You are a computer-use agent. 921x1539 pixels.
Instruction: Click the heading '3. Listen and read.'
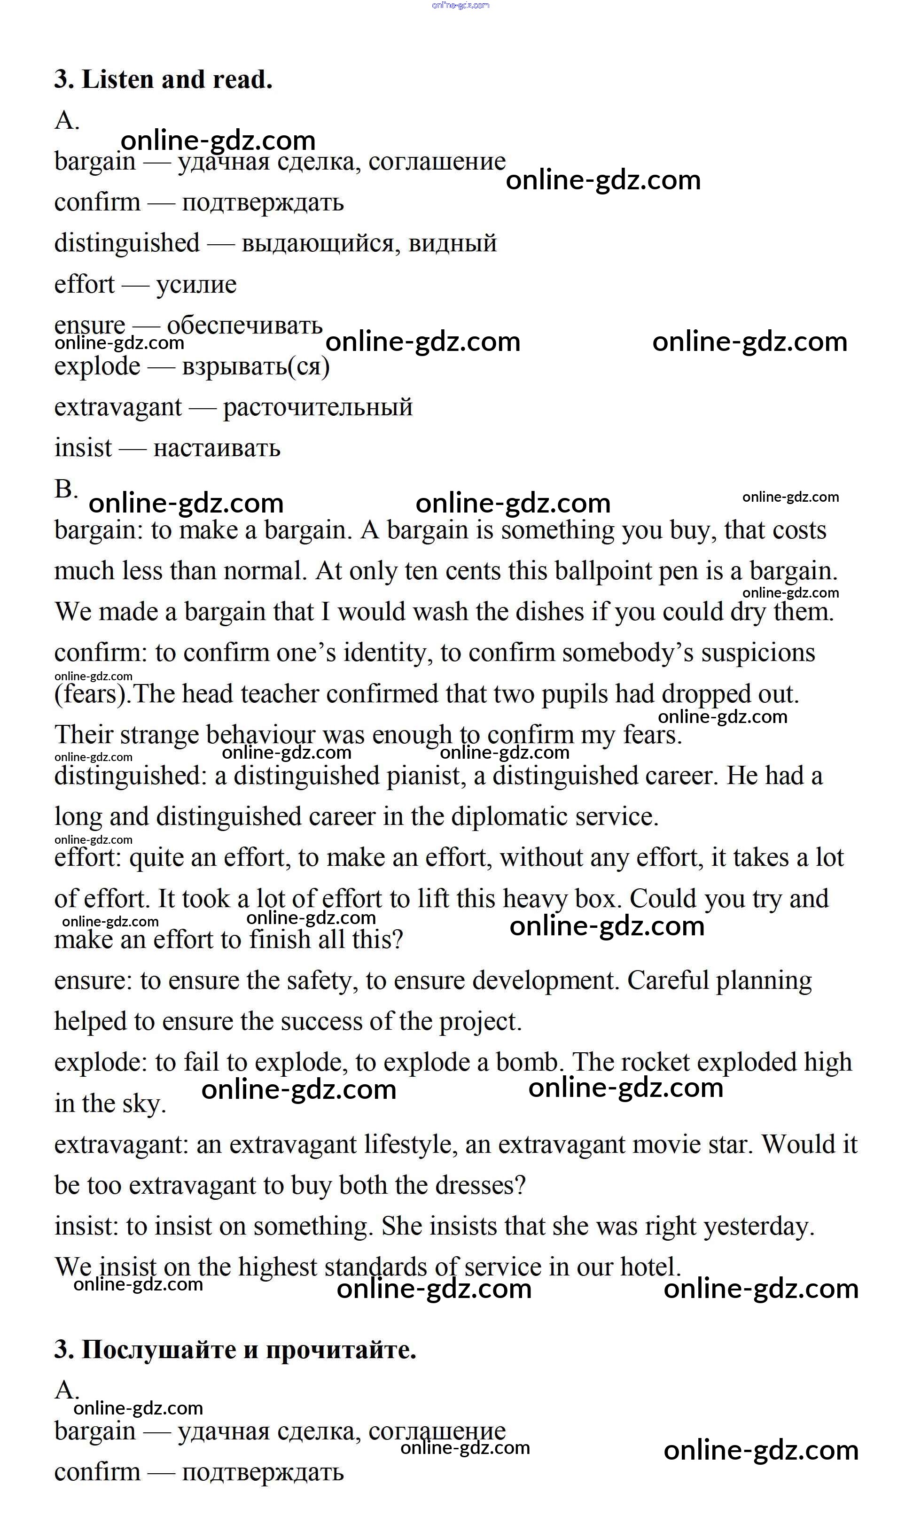tap(163, 79)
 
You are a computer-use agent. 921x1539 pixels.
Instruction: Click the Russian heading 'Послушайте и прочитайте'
tap(248, 1349)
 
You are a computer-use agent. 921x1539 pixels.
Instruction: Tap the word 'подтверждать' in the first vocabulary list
tap(263, 203)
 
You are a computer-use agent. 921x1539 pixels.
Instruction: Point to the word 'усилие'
tap(196, 285)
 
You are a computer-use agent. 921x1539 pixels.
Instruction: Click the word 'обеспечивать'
tap(244, 325)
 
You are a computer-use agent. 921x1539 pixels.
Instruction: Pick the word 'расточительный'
tap(318, 408)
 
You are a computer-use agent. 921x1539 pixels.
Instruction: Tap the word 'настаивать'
tap(217, 449)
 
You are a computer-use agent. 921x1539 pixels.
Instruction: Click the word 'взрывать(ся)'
tap(256, 366)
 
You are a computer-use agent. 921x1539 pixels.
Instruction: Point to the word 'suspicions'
tap(758, 653)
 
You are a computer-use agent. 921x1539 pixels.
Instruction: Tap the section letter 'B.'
tap(66, 490)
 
